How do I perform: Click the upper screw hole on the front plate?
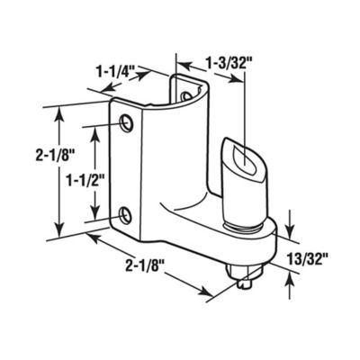coord(125,121)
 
